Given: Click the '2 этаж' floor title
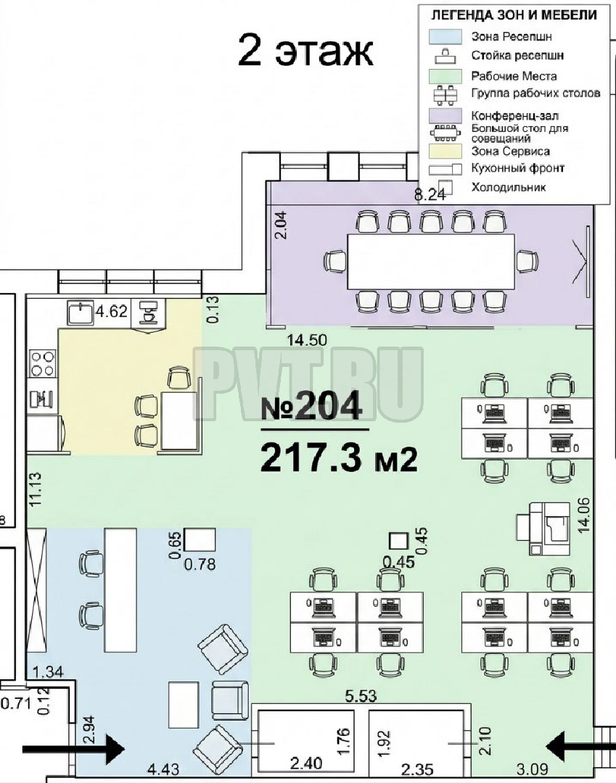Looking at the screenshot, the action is click(x=305, y=50).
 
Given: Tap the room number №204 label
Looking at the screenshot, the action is click(x=312, y=405).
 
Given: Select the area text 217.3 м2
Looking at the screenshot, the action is click(x=339, y=458).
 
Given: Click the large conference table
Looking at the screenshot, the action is click(x=431, y=261).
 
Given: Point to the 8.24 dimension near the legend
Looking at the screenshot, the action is click(x=430, y=195).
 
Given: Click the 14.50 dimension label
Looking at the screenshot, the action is click(x=307, y=340).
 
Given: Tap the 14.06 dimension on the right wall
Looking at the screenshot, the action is click(x=583, y=515).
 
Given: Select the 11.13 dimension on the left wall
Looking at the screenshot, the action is click(x=36, y=490).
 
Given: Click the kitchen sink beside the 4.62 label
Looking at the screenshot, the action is click(x=81, y=313).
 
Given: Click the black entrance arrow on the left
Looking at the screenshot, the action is click(x=73, y=747).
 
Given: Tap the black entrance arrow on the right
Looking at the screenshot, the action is click(x=580, y=747).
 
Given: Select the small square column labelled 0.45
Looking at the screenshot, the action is click(x=398, y=541).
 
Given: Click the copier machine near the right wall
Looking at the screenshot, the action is click(x=543, y=529).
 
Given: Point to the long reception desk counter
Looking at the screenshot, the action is click(x=120, y=589).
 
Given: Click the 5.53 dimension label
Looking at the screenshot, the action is click(x=361, y=695).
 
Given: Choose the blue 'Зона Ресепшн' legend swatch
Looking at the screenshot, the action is click(x=445, y=37).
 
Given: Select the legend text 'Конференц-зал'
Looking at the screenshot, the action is click(x=514, y=116).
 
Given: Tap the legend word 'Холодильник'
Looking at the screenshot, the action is click(x=509, y=188).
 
